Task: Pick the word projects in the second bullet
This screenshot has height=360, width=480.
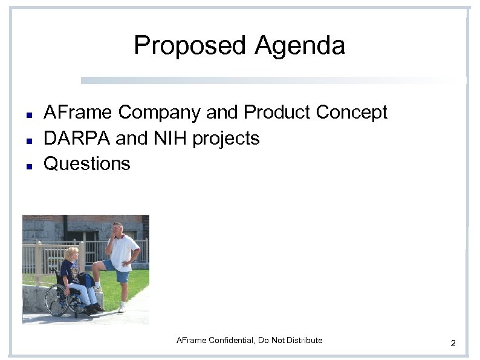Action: (225, 139)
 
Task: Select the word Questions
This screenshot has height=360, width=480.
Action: (87, 163)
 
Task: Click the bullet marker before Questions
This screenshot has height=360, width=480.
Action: (28, 165)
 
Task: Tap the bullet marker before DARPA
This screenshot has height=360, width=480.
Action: (28, 140)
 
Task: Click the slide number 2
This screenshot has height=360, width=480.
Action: (453, 344)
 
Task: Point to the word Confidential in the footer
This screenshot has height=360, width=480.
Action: (230, 341)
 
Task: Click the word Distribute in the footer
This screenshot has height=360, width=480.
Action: (305, 341)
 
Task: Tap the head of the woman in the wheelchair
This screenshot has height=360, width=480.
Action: (71, 254)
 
